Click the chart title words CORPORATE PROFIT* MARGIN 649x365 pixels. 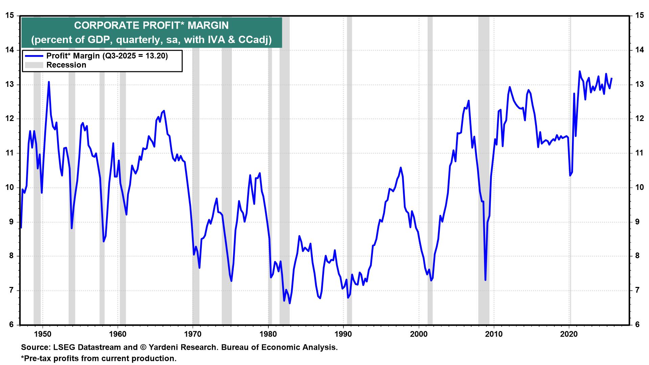tap(151, 25)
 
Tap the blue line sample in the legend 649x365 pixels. tap(33, 56)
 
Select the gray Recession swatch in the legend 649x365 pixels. tap(33, 65)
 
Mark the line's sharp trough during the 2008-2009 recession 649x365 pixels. tap(485, 280)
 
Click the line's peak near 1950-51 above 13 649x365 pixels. tap(49, 82)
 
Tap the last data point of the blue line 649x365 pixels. tap(612, 78)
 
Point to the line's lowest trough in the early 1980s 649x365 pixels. tap(290, 303)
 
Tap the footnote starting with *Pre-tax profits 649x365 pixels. tap(99, 358)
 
